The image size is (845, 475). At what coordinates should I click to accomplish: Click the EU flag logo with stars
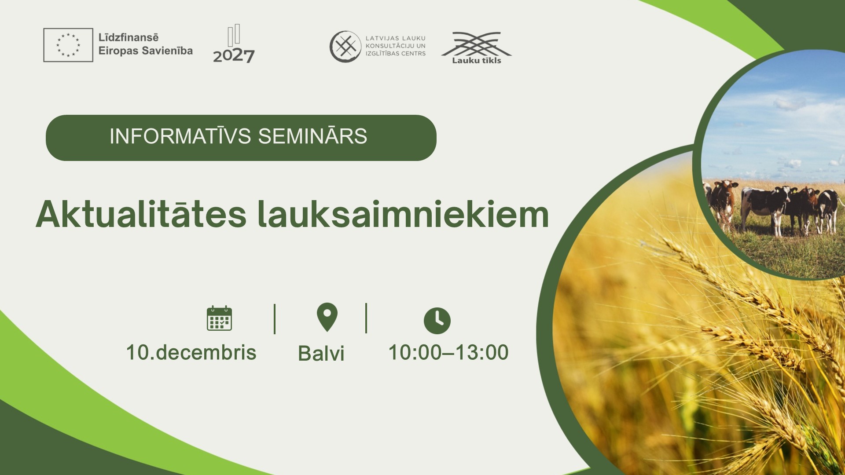[68, 45]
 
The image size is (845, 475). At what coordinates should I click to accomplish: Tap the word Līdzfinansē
[129, 37]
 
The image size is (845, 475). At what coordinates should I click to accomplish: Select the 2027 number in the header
[234, 56]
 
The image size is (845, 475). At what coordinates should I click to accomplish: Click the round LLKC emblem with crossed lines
[345, 46]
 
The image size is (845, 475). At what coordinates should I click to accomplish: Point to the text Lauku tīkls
[477, 61]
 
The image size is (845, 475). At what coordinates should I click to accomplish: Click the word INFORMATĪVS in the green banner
[180, 136]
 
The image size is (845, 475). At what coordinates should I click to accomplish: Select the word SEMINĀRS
[312, 136]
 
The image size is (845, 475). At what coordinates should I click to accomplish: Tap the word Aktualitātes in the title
[141, 214]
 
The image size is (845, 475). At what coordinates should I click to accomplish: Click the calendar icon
[219, 318]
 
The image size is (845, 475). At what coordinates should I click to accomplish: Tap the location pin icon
[327, 317]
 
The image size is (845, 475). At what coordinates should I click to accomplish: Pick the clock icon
[437, 321]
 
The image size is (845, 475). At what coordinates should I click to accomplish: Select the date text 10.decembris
[191, 353]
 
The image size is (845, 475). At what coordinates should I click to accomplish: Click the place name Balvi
[321, 353]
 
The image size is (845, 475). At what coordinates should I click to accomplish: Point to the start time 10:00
[415, 352]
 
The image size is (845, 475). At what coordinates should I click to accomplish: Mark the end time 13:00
[482, 352]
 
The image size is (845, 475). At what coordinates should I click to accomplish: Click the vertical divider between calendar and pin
[275, 319]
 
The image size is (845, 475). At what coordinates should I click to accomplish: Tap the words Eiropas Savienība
[146, 51]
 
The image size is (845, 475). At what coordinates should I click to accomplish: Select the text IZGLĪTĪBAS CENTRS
[396, 54]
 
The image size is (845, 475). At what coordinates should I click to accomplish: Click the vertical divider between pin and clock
[366, 318]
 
